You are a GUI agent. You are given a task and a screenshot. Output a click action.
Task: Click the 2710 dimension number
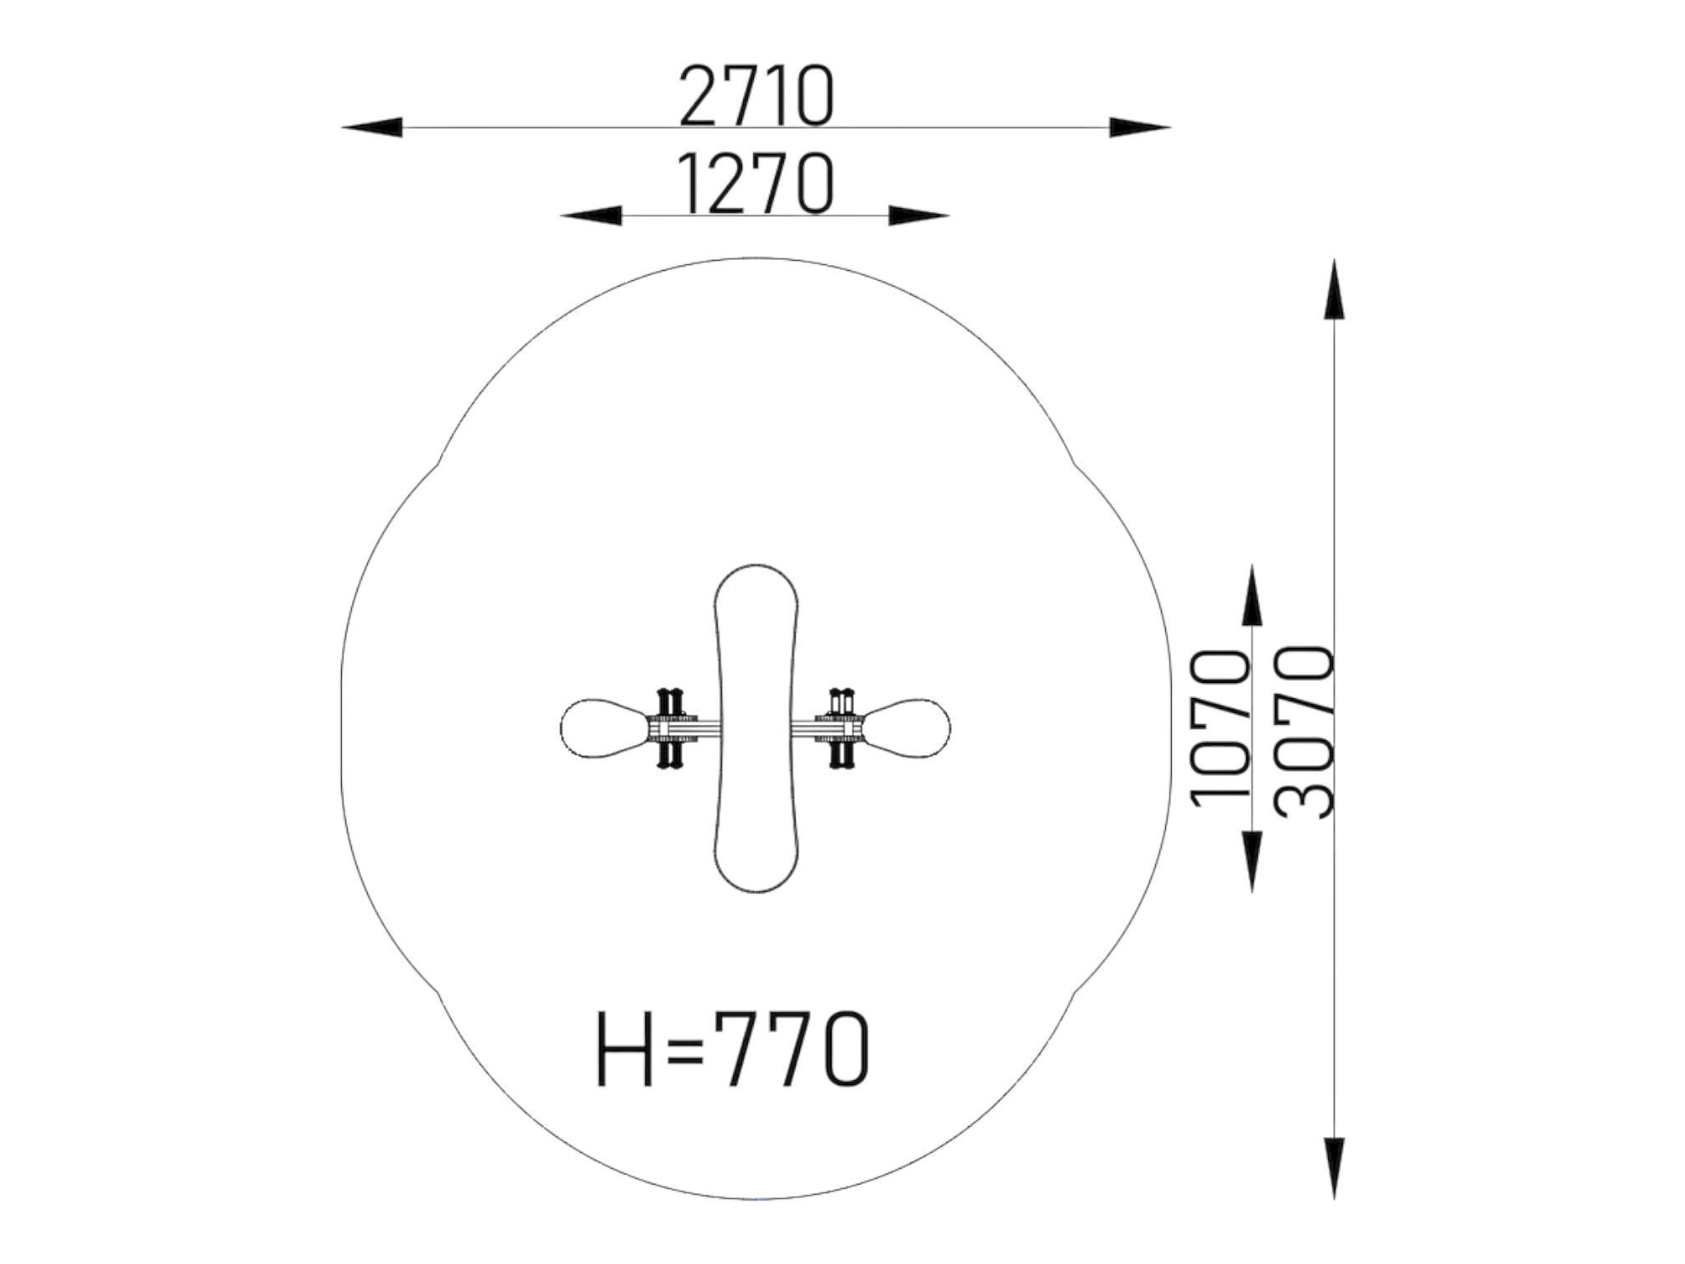click(x=757, y=96)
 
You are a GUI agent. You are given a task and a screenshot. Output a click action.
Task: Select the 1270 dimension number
click(x=757, y=183)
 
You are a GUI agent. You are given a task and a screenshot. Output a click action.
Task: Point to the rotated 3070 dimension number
click(x=1304, y=731)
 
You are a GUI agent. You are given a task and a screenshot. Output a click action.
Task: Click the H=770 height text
click(x=733, y=1049)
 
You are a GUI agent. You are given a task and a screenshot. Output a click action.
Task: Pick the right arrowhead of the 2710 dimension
click(x=1140, y=128)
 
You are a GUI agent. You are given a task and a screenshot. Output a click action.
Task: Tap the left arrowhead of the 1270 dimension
click(x=591, y=216)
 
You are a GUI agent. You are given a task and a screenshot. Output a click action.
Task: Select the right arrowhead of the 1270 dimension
click(x=919, y=216)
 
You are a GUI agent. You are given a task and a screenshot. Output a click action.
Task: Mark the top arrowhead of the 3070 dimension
click(x=1334, y=289)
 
